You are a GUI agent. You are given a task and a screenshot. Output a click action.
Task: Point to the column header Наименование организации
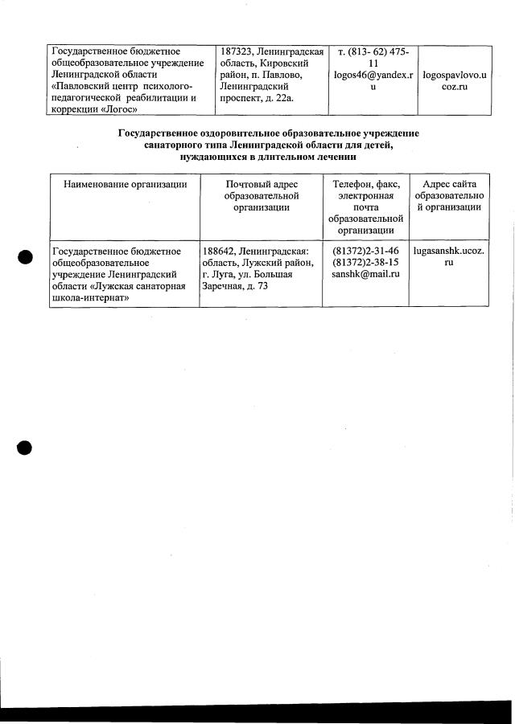125,184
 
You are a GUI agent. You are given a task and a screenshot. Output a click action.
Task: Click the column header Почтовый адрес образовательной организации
262,195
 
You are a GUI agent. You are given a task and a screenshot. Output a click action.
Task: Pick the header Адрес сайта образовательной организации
449,195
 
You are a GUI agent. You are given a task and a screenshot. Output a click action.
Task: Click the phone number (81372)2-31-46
365,251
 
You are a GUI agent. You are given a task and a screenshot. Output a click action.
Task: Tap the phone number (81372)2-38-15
365,263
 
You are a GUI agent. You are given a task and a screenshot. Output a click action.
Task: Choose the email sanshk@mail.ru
365,275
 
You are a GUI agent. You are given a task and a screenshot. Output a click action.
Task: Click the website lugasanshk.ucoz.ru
448,256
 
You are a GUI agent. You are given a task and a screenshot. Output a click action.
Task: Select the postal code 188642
220,251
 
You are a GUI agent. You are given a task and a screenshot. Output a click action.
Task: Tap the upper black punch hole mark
25,256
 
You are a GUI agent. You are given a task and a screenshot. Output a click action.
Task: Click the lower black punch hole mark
25,448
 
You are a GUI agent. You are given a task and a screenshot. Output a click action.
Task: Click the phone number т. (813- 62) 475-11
373,57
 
